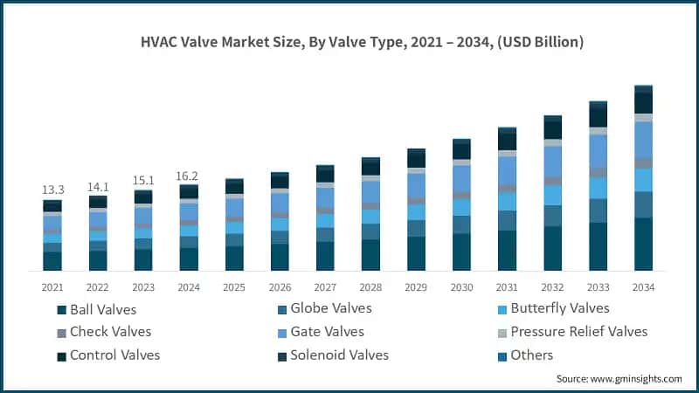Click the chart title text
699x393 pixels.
tap(349, 41)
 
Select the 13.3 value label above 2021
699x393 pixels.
tap(52, 190)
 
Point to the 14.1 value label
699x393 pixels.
tap(98, 185)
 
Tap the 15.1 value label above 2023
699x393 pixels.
tap(143, 180)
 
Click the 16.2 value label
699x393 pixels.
tap(189, 175)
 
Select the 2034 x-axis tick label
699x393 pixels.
tap(644, 286)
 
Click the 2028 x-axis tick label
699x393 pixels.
tap(370, 286)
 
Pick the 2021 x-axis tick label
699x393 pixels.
tap(52, 286)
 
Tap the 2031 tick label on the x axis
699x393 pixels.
tap(508, 286)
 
